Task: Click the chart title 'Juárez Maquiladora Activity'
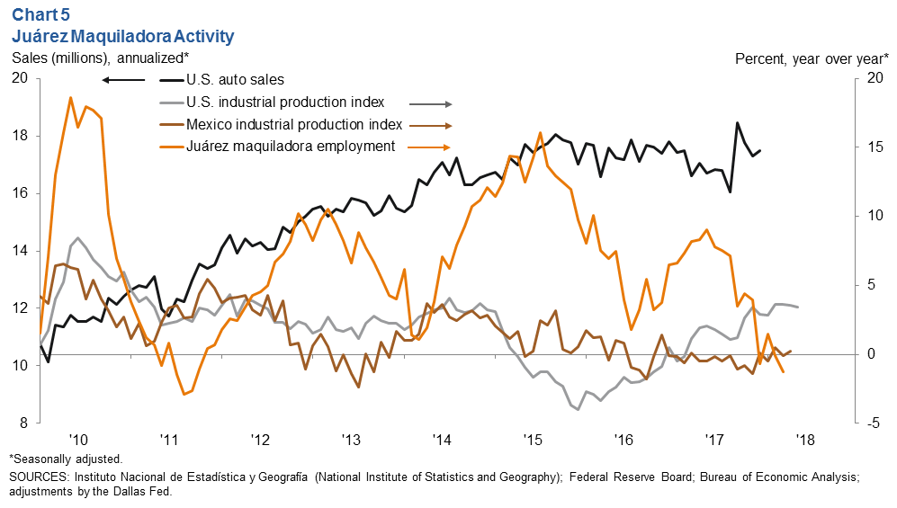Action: pos(122,36)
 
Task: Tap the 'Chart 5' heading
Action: pos(41,13)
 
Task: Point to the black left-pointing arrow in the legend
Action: pos(123,81)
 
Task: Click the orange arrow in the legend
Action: pos(429,147)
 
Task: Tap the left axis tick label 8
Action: pos(23,423)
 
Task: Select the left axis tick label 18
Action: pos(20,136)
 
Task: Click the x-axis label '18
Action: pos(803,441)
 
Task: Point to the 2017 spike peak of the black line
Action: pos(738,123)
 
